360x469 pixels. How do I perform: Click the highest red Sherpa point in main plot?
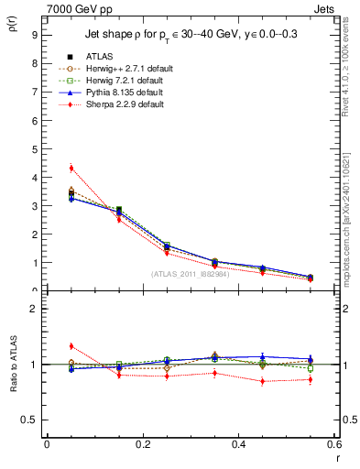[71, 168]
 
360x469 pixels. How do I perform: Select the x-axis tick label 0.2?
[143, 444]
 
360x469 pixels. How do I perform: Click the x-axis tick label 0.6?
[334, 444]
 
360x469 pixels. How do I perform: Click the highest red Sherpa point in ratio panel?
[71, 346]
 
